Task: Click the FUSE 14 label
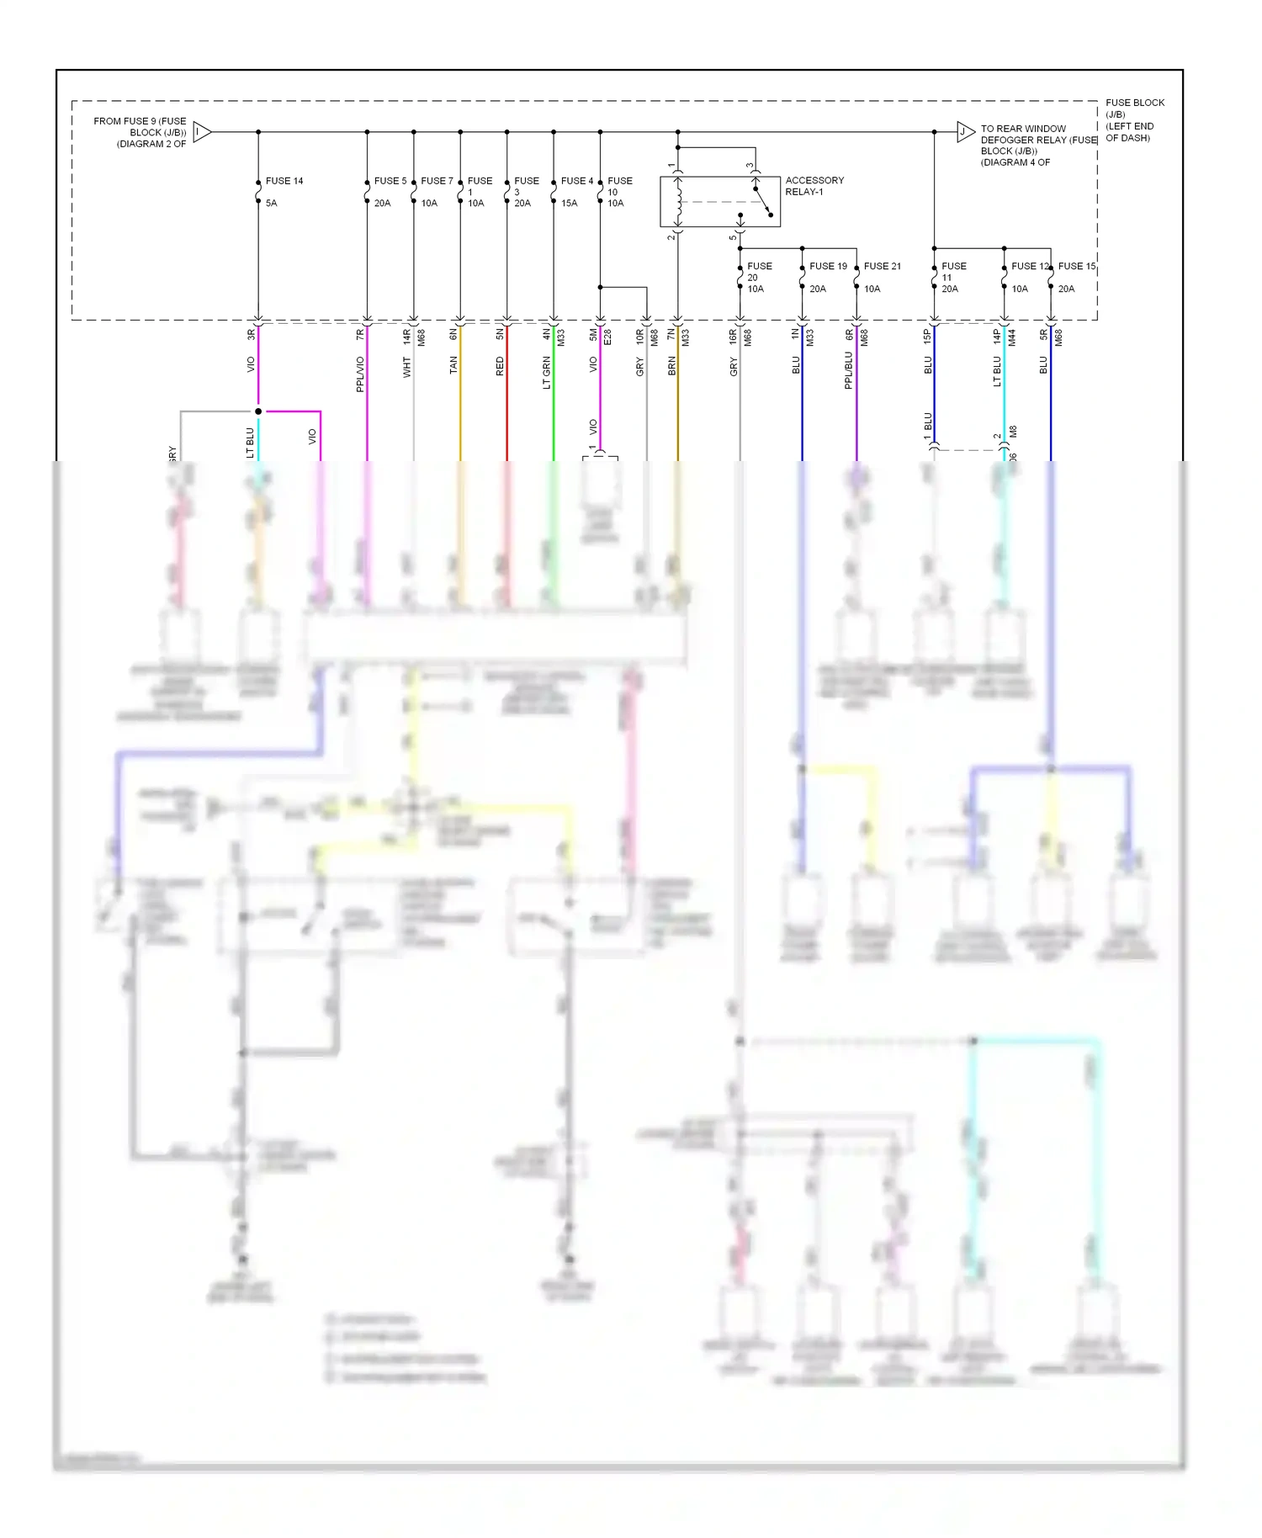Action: pos(284,181)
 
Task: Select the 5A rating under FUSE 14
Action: pos(271,203)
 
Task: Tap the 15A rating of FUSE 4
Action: pos(570,203)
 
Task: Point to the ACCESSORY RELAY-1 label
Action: pos(814,186)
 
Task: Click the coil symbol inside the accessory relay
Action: pos(679,202)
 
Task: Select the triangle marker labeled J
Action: pos(965,131)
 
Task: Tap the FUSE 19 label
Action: pos(828,266)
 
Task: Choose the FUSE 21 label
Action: pos(882,266)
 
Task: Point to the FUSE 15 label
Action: pos(1076,266)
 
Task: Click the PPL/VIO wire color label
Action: pos(360,374)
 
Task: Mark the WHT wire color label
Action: pos(407,367)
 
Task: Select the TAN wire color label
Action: pos(453,365)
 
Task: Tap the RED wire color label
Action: pos(501,365)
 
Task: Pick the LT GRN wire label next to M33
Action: pos(547,372)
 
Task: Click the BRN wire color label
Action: pos(671,365)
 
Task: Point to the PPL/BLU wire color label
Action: pos(849,370)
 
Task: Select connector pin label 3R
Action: pos(251,334)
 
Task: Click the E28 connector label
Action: pos(607,337)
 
